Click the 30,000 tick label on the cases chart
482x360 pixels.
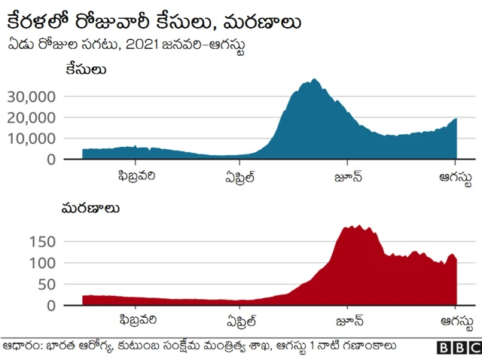[x=32, y=96]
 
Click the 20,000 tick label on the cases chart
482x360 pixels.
[x=32, y=117]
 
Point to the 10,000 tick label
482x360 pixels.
[x=32, y=139]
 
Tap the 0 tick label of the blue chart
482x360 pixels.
[x=51, y=160]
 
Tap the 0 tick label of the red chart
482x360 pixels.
[x=51, y=306]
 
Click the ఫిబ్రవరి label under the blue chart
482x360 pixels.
[x=136, y=178]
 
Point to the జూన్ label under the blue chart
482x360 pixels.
[x=348, y=178]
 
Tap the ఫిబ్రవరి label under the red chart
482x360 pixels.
[x=136, y=323]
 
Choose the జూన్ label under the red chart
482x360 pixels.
[x=348, y=323]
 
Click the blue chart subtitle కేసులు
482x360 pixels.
[x=84, y=70]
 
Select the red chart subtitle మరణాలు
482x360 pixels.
[x=91, y=207]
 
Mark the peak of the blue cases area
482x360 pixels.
[x=315, y=79]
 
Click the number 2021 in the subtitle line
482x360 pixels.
[x=141, y=44]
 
